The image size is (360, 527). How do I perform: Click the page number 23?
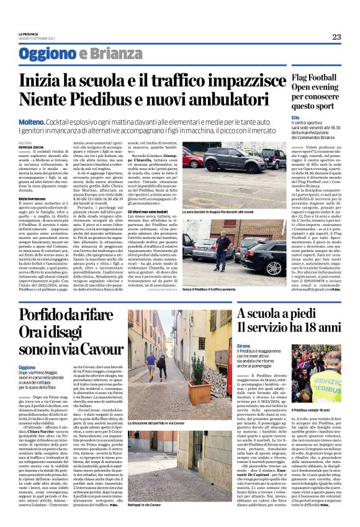tap(336, 37)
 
